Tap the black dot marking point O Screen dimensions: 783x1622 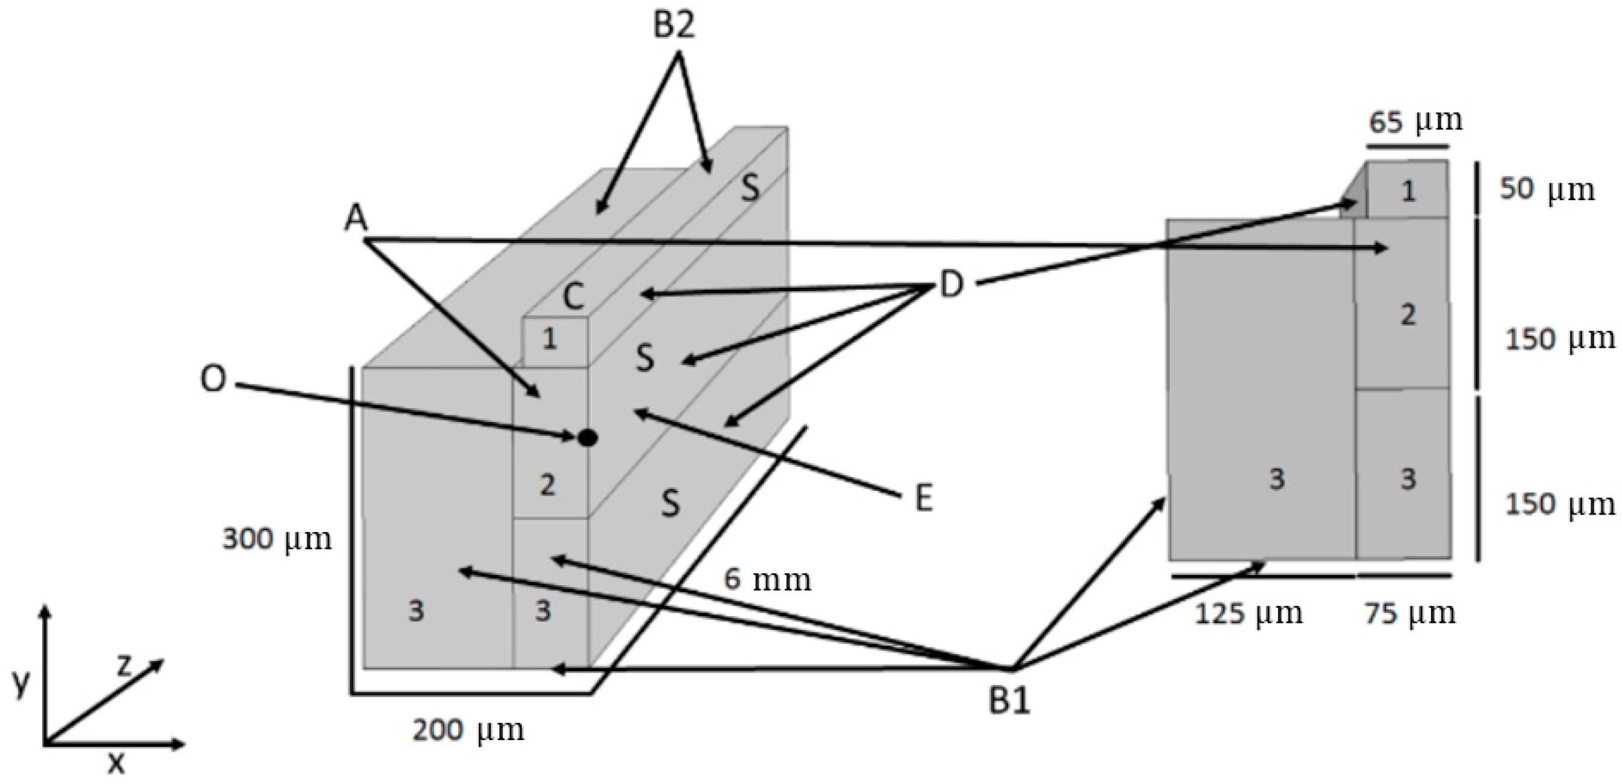588,438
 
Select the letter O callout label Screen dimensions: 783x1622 213,380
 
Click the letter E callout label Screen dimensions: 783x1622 923,499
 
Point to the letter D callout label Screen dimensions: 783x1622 952,285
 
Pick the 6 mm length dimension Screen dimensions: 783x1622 767,579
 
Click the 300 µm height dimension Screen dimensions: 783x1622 277,539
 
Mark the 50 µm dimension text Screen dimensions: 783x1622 1547,189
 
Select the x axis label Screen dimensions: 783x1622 116,764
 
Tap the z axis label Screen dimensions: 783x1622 124,666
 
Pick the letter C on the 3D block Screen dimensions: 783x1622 573,296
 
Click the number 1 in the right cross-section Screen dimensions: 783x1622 1408,191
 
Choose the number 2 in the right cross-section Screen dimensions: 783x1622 1408,314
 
